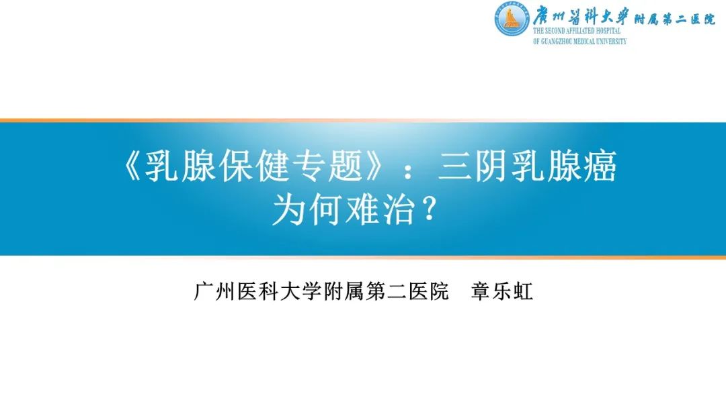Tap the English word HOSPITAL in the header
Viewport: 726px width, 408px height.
(608, 31)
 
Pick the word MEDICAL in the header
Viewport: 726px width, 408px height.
(582, 42)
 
